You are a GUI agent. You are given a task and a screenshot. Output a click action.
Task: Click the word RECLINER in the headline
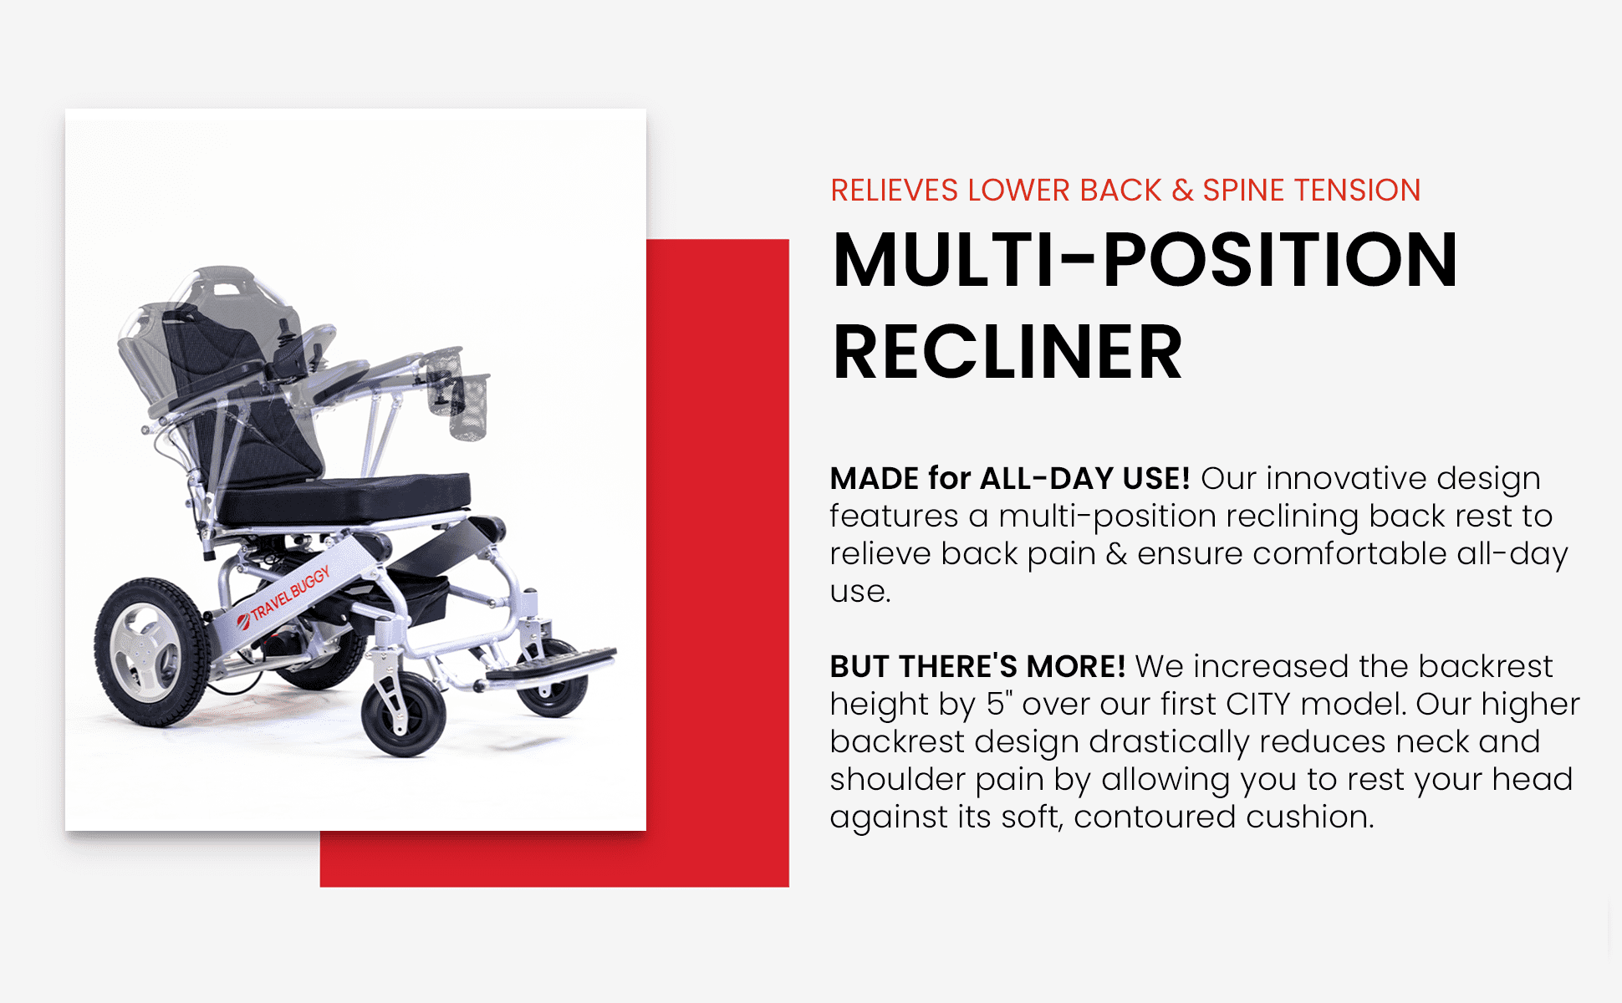(x=1007, y=353)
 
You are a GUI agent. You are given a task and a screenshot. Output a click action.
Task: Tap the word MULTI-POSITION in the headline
(x=1145, y=260)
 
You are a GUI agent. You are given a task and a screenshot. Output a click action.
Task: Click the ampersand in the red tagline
(x=1182, y=191)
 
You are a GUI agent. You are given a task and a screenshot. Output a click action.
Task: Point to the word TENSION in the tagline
(x=1354, y=191)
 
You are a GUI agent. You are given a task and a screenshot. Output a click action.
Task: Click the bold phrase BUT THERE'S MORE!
(x=977, y=666)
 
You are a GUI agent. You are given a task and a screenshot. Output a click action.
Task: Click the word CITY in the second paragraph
(x=1258, y=704)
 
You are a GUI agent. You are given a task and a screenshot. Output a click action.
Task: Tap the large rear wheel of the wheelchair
(x=150, y=652)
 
